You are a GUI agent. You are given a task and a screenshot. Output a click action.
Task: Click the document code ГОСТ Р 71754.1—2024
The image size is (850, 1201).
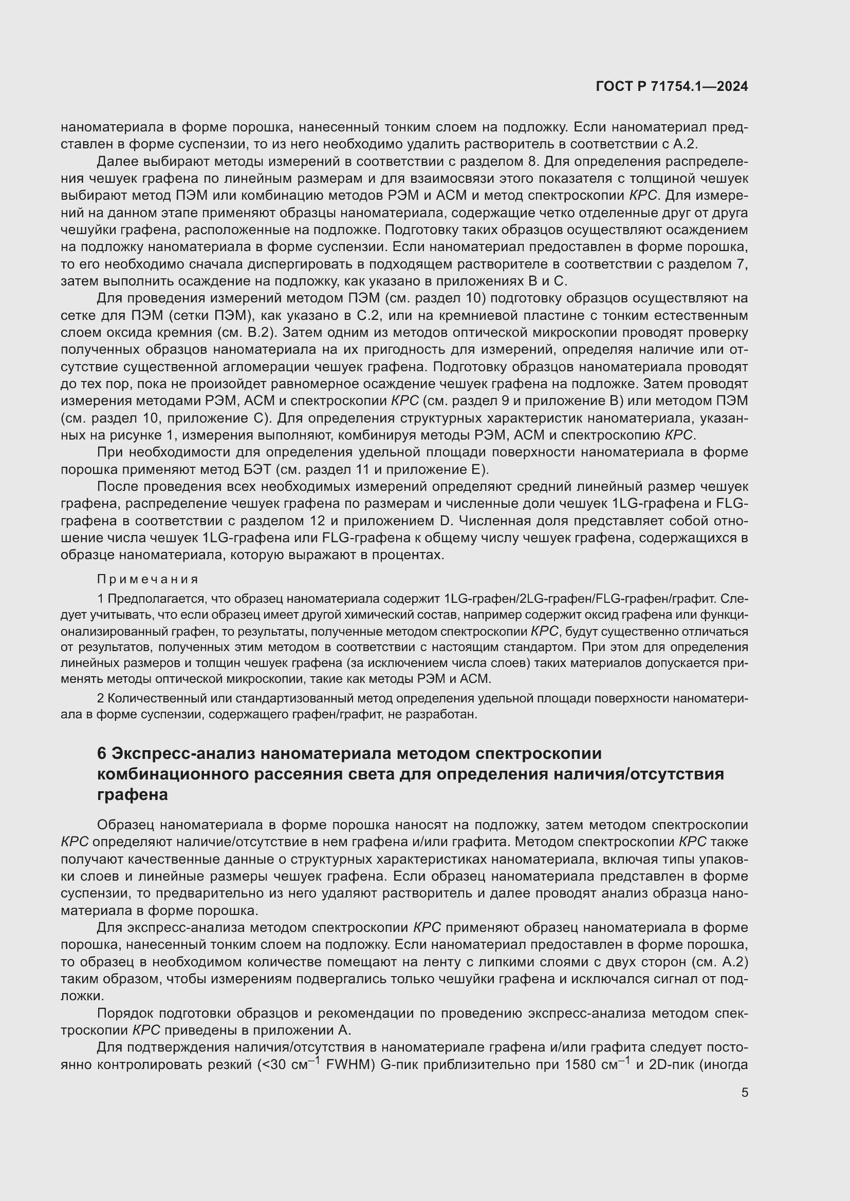672,87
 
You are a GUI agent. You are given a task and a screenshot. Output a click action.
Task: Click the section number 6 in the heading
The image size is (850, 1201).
102,754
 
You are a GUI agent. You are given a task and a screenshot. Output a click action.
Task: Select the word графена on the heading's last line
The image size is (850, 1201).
133,794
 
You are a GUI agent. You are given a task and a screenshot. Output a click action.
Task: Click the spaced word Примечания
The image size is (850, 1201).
147,579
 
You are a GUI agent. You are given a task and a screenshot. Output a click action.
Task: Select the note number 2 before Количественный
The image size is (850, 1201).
101,698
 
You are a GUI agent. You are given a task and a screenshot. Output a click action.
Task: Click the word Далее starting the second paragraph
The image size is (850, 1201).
115,162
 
